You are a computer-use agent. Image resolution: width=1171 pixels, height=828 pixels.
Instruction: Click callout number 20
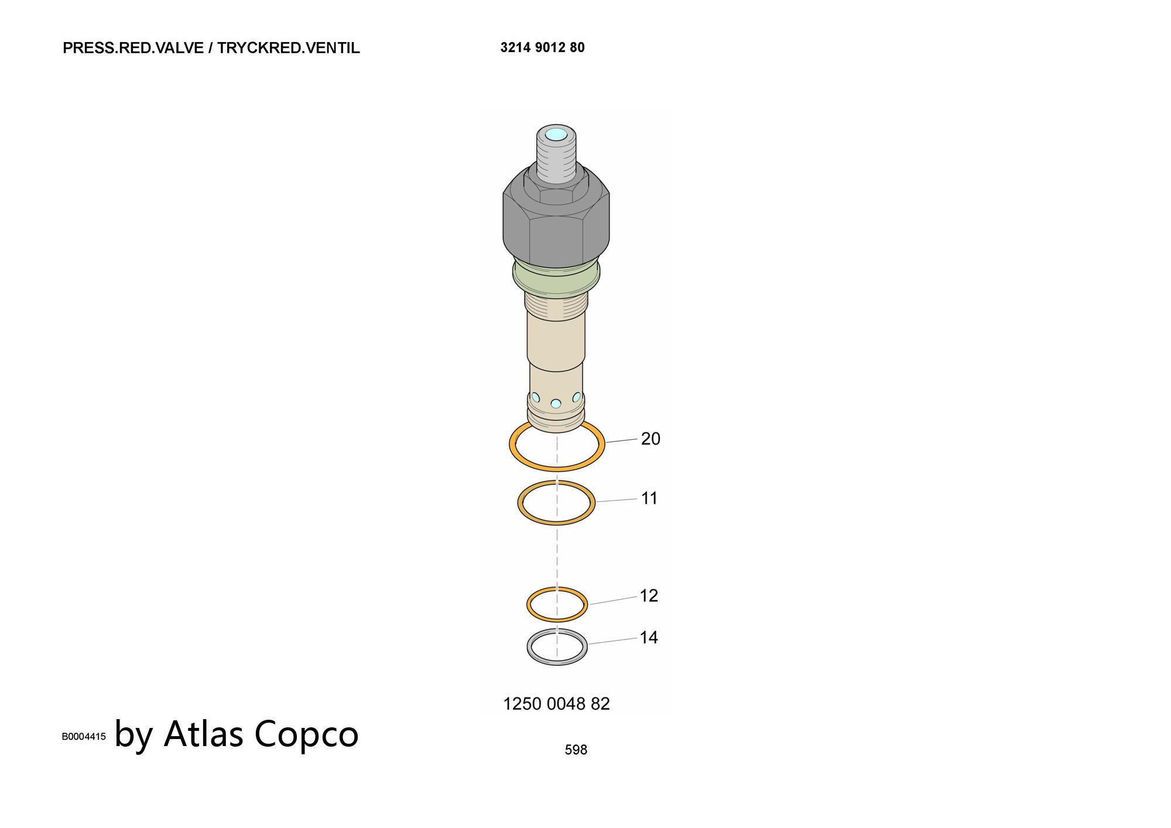pos(650,439)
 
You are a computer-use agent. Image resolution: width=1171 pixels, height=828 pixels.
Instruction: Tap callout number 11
pos(649,499)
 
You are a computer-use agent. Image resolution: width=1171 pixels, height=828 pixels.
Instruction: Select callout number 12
pos(649,596)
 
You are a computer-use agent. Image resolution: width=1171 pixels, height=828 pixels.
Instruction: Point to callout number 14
pos(649,637)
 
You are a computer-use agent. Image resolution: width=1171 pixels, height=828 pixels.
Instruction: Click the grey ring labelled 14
pos(529,647)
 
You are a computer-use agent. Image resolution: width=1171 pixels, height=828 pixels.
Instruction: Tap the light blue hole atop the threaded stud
pos(556,135)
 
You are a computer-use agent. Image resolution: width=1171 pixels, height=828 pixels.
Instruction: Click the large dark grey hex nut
pos(556,222)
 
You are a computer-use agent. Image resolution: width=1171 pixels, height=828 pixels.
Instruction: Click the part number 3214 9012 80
pos(542,47)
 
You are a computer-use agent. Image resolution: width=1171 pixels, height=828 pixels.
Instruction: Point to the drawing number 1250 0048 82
pos(556,703)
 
